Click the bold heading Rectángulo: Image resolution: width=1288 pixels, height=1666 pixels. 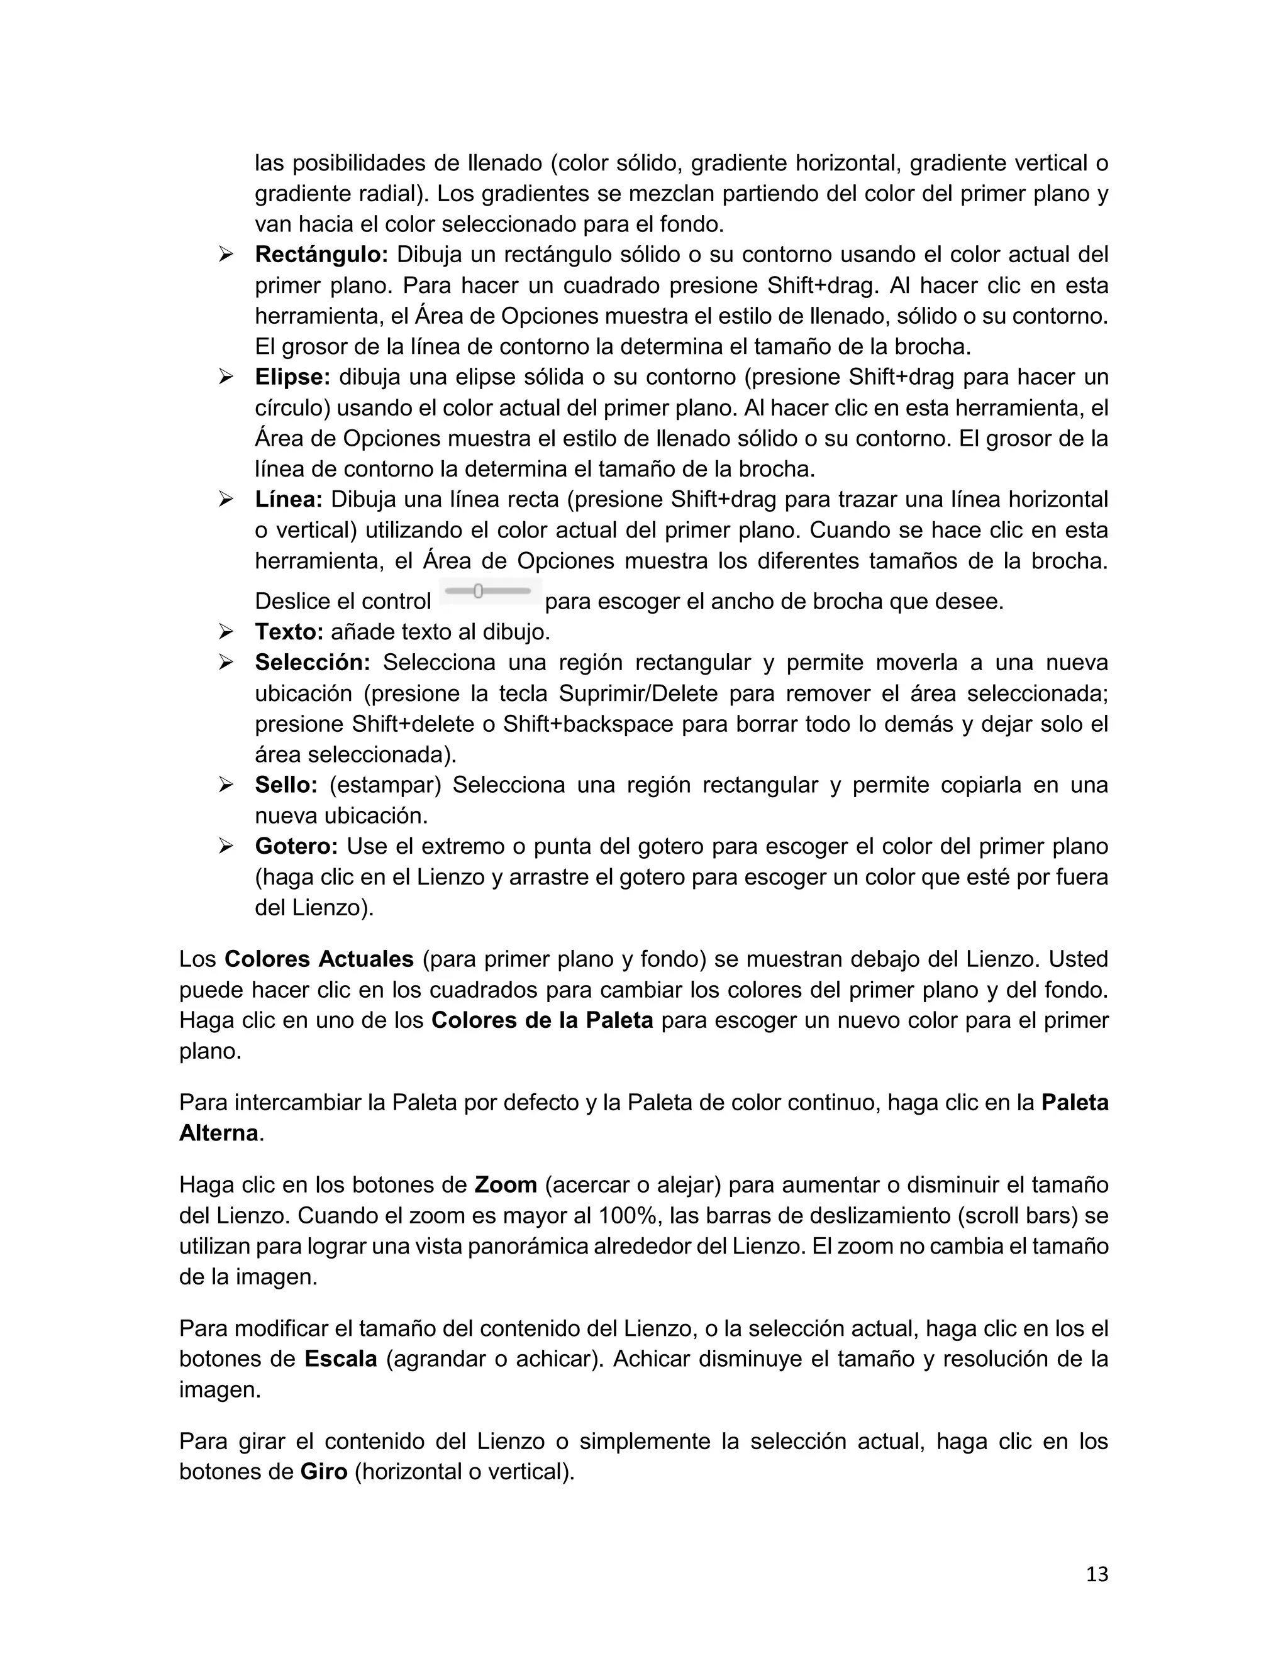click(x=321, y=255)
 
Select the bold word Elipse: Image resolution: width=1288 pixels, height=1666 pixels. click(x=292, y=377)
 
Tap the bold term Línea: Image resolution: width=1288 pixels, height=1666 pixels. click(x=289, y=500)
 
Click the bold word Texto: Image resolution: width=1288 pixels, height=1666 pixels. click(x=289, y=632)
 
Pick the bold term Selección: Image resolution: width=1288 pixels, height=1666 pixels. click(x=312, y=663)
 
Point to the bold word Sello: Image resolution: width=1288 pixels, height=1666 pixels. click(x=286, y=785)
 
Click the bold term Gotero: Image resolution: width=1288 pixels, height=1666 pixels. click(x=296, y=847)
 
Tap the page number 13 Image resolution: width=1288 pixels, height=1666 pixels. click(x=1096, y=1574)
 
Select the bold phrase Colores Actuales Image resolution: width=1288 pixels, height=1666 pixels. click(x=319, y=959)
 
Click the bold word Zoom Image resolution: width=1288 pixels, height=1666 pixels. click(x=505, y=1184)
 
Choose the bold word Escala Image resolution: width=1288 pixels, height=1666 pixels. click(x=340, y=1359)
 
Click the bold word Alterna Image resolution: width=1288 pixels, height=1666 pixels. click(x=218, y=1133)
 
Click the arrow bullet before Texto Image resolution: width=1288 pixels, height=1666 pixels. click(x=226, y=632)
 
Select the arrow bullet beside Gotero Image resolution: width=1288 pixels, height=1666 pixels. click(x=226, y=846)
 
